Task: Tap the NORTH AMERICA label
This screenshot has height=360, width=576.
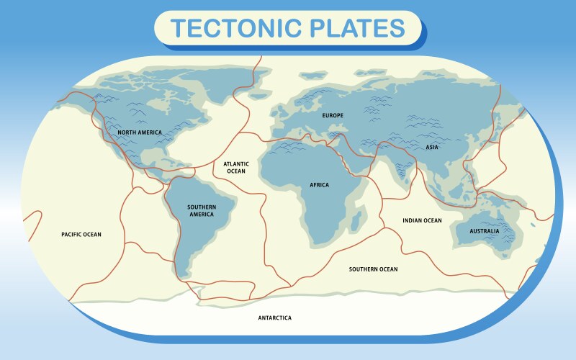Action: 140,132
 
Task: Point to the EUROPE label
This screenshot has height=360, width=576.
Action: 333,115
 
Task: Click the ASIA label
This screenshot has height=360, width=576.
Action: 432,148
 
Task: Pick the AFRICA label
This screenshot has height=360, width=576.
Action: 319,185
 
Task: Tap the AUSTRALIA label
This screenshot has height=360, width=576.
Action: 484,232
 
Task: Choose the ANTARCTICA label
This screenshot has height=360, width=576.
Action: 275,318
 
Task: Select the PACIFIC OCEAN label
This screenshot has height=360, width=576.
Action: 81,235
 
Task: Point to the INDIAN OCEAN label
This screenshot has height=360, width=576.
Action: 422,220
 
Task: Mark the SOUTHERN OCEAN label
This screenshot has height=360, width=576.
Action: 373,269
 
